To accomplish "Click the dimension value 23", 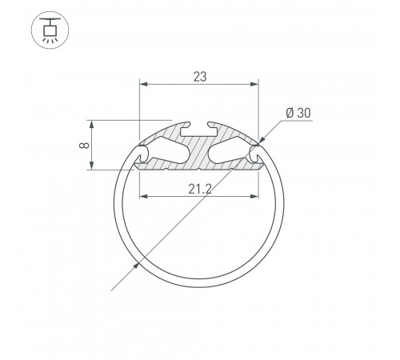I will (199, 77).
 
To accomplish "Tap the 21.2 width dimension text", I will (199, 189).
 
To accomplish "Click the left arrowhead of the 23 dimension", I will (143, 83).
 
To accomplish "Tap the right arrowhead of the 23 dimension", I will (255, 83).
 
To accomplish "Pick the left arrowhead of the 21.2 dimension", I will (143, 195).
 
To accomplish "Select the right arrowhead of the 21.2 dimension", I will (255, 195).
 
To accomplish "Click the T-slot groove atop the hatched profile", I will (199, 126).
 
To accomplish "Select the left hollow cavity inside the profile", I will (169, 149).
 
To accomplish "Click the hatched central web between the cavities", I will (199, 152).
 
